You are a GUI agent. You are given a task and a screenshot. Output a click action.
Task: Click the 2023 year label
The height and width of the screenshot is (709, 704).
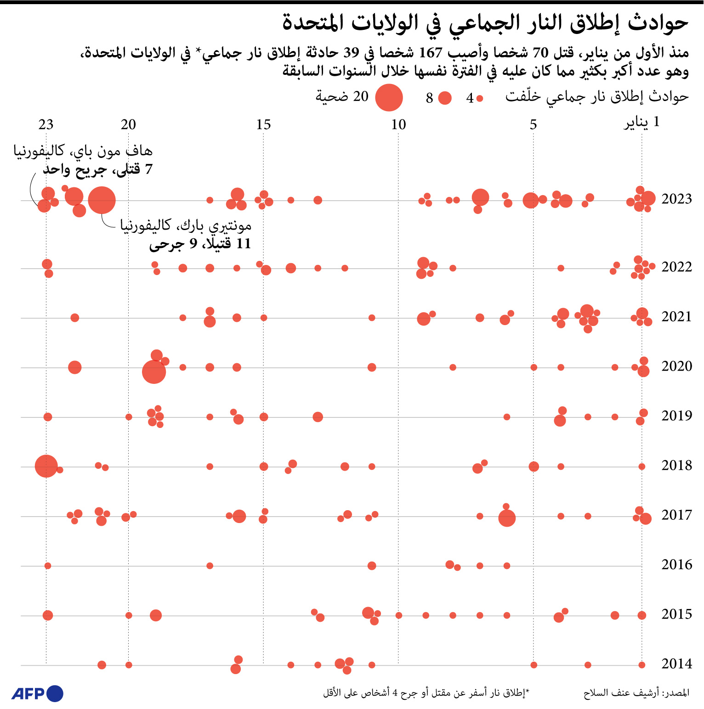(676, 199)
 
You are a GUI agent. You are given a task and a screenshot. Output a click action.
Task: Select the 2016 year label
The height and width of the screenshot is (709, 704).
(676, 564)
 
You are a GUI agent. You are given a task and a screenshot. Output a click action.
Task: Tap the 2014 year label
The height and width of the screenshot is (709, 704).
(676, 664)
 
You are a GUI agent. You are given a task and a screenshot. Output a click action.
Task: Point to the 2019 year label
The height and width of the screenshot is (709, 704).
(676, 416)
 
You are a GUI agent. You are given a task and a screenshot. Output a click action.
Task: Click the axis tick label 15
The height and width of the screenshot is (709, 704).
(263, 124)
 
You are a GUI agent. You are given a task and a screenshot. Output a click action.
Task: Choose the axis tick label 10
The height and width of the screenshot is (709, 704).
(398, 124)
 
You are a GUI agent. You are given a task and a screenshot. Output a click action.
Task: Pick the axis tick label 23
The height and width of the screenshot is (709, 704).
(46, 124)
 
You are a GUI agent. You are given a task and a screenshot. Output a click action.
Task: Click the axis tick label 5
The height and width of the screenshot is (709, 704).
(533, 124)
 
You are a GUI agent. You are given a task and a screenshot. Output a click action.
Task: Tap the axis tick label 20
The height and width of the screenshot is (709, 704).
(129, 124)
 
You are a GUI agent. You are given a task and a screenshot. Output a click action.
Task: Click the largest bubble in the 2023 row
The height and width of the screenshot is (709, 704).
(102, 200)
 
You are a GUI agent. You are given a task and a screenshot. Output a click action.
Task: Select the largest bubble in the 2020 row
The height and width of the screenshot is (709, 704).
(154, 371)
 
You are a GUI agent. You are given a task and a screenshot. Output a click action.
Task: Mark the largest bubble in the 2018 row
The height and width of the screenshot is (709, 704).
(46, 466)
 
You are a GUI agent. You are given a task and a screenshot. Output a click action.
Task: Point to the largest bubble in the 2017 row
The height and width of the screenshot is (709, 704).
(507, 518)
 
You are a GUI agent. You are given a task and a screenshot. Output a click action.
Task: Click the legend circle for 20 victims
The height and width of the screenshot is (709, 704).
(389, 97)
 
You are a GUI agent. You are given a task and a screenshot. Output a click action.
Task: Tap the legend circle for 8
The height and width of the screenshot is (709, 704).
(445, 98)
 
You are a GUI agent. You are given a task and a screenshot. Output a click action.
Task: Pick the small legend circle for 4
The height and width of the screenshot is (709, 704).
(480, 98)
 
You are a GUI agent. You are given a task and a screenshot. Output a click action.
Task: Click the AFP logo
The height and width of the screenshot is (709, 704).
(37, 693)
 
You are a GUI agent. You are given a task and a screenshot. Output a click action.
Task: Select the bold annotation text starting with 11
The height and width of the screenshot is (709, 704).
(200, 243)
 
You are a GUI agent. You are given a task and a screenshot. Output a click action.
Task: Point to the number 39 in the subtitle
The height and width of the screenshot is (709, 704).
(351, 53)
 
